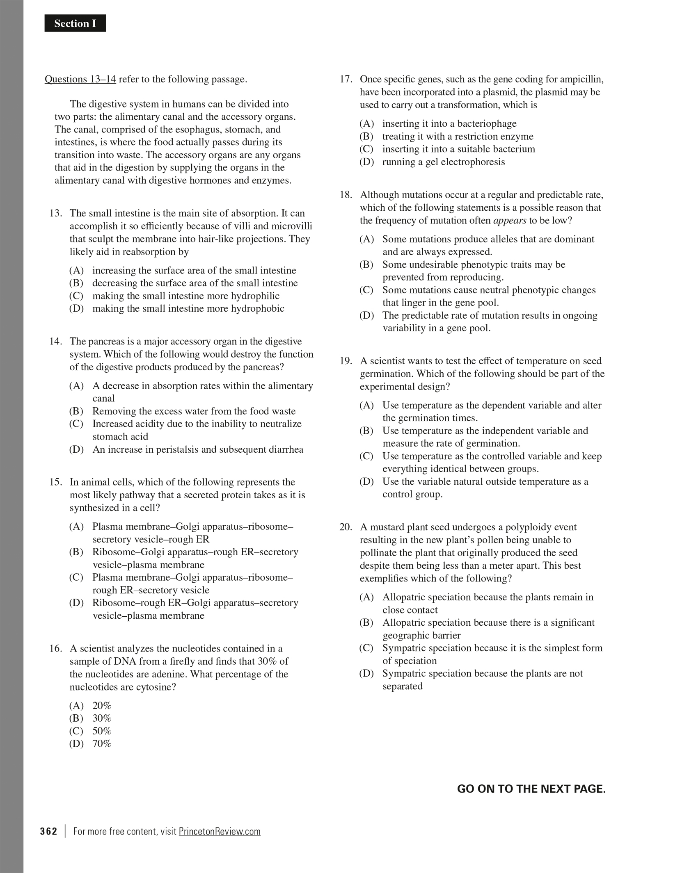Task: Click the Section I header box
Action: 75,23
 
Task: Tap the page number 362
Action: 49,831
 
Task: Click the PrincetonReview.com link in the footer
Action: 220,831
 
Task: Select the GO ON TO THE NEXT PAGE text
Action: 531,789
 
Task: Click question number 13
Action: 55,213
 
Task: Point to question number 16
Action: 55,648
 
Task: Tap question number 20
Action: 346,527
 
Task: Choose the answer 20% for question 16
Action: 102,705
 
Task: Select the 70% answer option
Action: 102,743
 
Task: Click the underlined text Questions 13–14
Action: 80,79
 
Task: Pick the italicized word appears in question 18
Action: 510,220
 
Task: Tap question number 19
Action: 346,361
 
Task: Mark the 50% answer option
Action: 102,731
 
